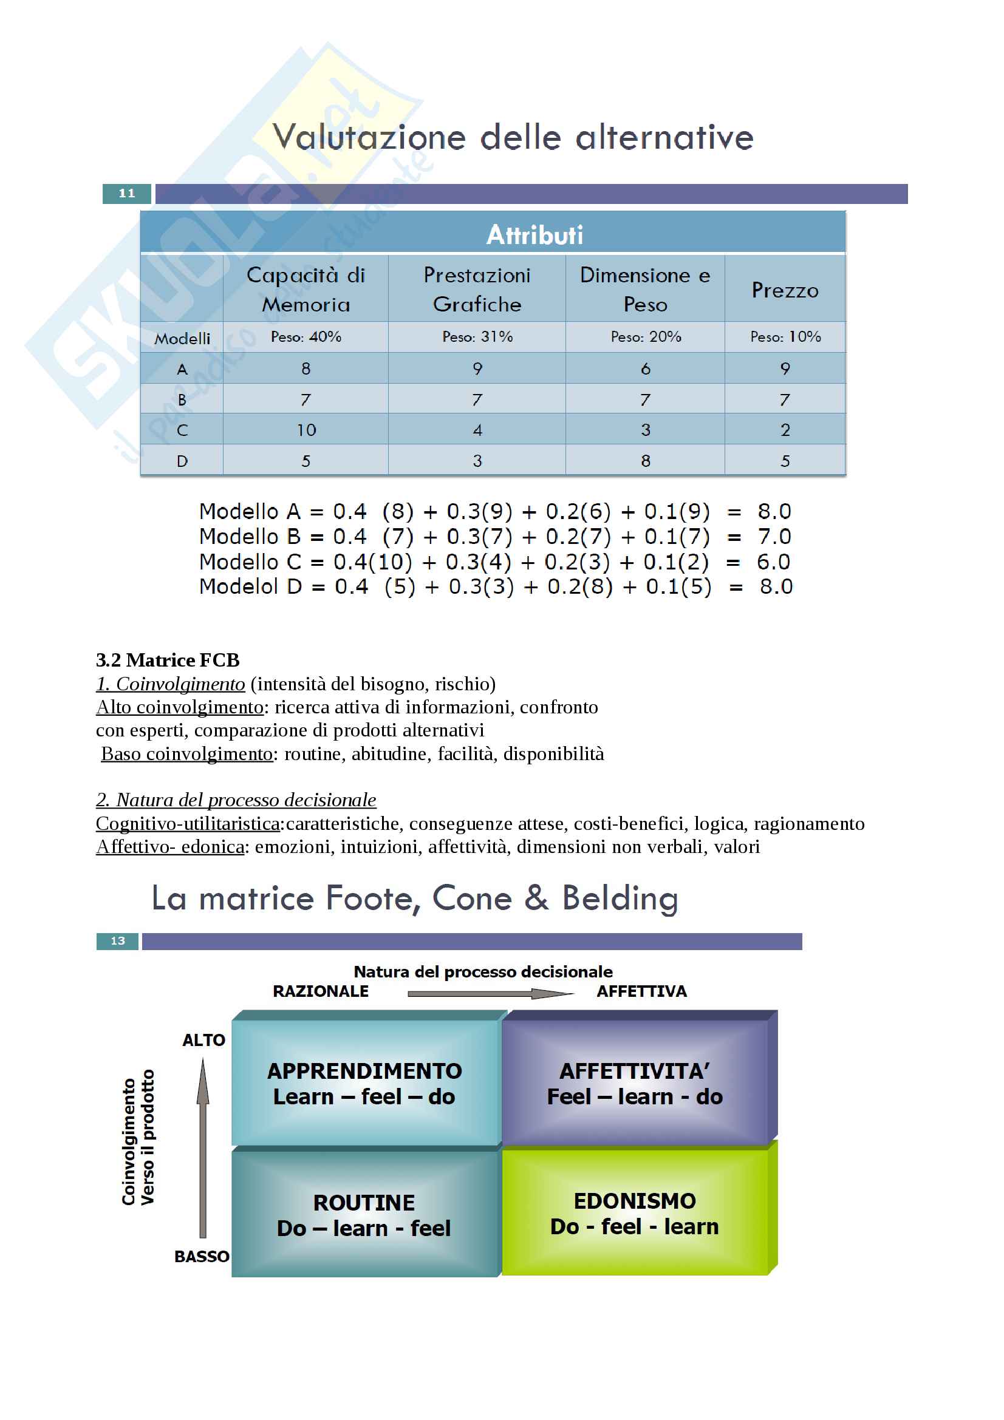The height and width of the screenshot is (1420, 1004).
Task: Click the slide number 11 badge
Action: (127, 194)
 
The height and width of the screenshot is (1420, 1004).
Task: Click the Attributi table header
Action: (534, 234)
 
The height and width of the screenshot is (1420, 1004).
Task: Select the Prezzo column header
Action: (784, 290)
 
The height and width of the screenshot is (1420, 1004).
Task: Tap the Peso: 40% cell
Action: (306, 337)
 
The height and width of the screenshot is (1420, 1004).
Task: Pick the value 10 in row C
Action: (306, 430)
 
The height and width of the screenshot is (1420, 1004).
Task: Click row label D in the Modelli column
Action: (182, 461)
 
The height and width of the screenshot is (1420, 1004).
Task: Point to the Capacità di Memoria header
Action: (306, 290)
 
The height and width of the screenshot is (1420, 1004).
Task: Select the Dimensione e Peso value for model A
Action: (645, 369)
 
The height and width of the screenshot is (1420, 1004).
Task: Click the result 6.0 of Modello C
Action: (773, 562)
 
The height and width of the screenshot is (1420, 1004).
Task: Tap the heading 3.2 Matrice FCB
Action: (168, 661)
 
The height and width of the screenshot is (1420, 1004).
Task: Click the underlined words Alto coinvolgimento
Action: (180, 707)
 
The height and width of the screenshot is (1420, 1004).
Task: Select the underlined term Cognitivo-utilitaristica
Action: (188, 823)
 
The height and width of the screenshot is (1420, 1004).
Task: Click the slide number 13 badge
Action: (118, 940)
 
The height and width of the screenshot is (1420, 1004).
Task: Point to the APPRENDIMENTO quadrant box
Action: (365, 1083)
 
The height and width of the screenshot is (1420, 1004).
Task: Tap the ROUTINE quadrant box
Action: (365, 1215)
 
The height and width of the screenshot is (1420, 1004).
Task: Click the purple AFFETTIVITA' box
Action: (635, 1083)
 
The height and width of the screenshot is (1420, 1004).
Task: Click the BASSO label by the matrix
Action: (202, 1256)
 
